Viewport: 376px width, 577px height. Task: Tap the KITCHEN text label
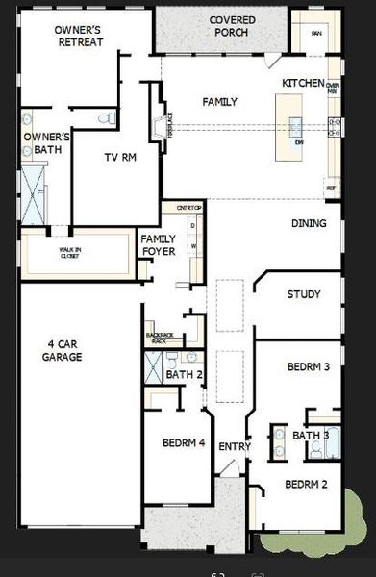303,85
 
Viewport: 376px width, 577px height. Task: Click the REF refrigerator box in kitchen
332,189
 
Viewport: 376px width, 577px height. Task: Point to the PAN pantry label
315,33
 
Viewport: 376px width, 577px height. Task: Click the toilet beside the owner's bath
111,117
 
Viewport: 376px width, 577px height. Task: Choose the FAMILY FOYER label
159,245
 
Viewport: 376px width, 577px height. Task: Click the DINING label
309,224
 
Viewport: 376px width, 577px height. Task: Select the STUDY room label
303,294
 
